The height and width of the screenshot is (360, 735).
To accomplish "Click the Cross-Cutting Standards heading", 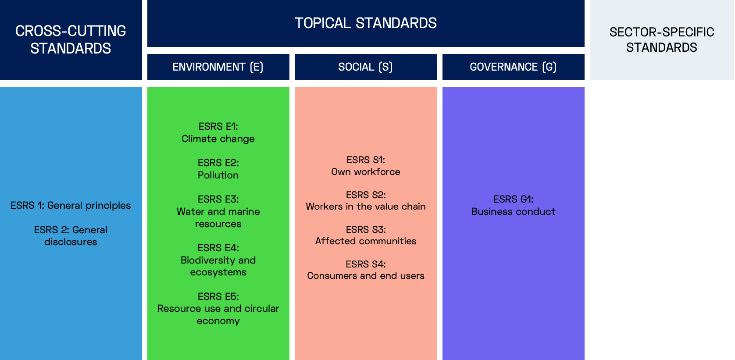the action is coord(71,40).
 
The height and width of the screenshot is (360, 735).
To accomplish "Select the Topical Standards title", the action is coord(366,23).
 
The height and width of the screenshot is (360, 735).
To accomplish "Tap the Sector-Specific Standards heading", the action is coord(662,40).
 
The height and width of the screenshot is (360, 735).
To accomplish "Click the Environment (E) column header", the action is coord(218,67).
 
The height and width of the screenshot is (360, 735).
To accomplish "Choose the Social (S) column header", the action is coord(366,67).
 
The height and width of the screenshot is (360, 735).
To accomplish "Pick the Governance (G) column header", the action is coord(513,67).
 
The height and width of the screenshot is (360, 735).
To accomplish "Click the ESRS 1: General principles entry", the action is coord(71,206).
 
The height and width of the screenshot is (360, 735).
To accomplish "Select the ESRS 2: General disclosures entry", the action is coord(71,235).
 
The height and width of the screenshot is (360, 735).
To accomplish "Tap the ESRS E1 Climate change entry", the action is coord(218,132).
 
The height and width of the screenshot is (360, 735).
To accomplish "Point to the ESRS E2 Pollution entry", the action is coord(218,169).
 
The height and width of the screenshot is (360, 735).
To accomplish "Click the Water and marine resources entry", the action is coord(218,211).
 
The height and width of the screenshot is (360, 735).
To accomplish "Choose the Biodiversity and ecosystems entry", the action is coord(218,260).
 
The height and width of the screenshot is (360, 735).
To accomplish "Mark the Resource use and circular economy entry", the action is coord(218,309).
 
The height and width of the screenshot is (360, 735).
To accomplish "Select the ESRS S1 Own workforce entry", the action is coord(366,166).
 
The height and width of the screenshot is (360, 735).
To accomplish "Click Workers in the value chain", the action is coord(366,207).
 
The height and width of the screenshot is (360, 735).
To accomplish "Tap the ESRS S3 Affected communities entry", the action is coord(366,235).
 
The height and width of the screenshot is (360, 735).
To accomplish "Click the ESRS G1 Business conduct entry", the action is coord(513,206).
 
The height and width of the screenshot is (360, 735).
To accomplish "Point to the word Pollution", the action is coord(218,175).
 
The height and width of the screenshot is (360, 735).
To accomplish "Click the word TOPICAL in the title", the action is coord(323,23).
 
